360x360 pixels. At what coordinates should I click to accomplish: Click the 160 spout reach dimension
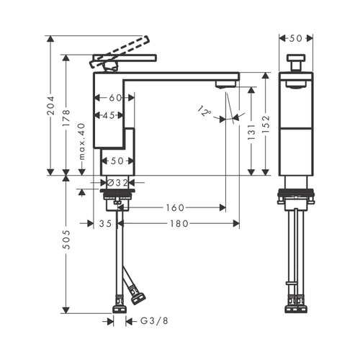pyautogui.click(x=175, y=207)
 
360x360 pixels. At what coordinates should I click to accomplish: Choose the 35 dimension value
pyautogui.click(x=105, y=224)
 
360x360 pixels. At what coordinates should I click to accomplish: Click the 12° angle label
pyautogui.click(x=204, y=111)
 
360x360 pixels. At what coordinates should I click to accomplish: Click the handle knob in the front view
pyautogui.click(x=295, y=60)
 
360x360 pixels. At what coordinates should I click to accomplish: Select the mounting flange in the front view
pyautogui.click(x=295, y=193)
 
